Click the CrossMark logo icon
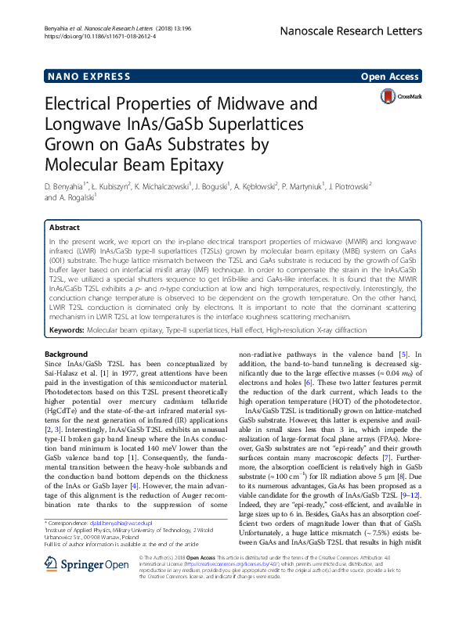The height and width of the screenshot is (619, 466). pos(410,96)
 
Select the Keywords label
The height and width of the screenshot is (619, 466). pos(68,330)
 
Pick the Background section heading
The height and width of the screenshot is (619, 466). pos(66,354)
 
